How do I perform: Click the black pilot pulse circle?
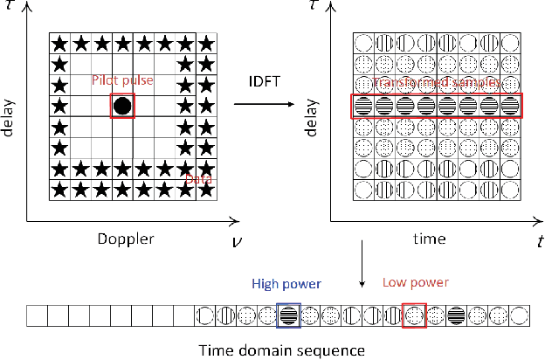[x=123, y=107]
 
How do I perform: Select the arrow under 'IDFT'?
[x=266, y=104]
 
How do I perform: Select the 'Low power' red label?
[x=416, y=283]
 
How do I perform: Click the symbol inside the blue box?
[x=289, y=315]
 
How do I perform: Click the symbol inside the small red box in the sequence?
[x=414, y=315]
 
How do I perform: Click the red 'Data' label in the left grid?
[x=195, y=178]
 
